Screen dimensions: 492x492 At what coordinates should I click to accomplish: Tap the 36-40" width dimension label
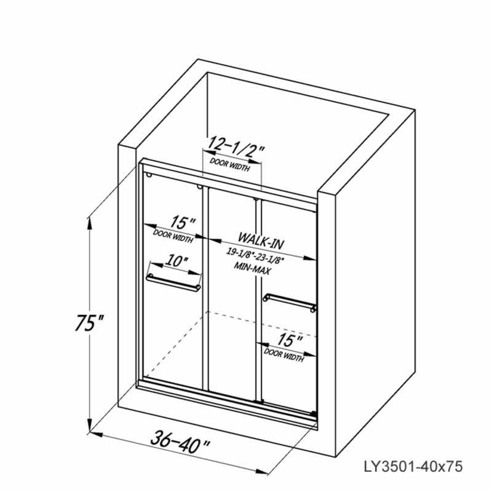pos(180,442)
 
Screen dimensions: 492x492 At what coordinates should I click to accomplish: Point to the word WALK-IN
pos(261,240)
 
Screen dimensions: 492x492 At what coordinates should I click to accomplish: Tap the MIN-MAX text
pos(252,268)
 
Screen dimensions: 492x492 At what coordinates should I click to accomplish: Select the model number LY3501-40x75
pos(413,466)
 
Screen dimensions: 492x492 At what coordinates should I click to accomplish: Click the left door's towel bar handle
pos(173,282)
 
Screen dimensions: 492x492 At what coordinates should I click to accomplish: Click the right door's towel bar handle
pos(289,302)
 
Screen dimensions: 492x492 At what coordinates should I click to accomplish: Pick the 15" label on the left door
pos(183,223)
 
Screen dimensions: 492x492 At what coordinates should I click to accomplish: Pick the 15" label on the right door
pos(289,341)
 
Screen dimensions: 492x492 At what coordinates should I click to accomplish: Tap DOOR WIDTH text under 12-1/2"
pos(230,165)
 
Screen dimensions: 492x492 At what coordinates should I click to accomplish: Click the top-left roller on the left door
pos(149,174)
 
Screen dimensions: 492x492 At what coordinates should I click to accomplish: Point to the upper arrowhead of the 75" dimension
pos(90,222)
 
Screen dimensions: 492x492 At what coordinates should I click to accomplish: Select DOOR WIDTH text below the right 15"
pos(284,355)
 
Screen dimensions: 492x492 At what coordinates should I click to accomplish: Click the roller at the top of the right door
pos(256,199)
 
